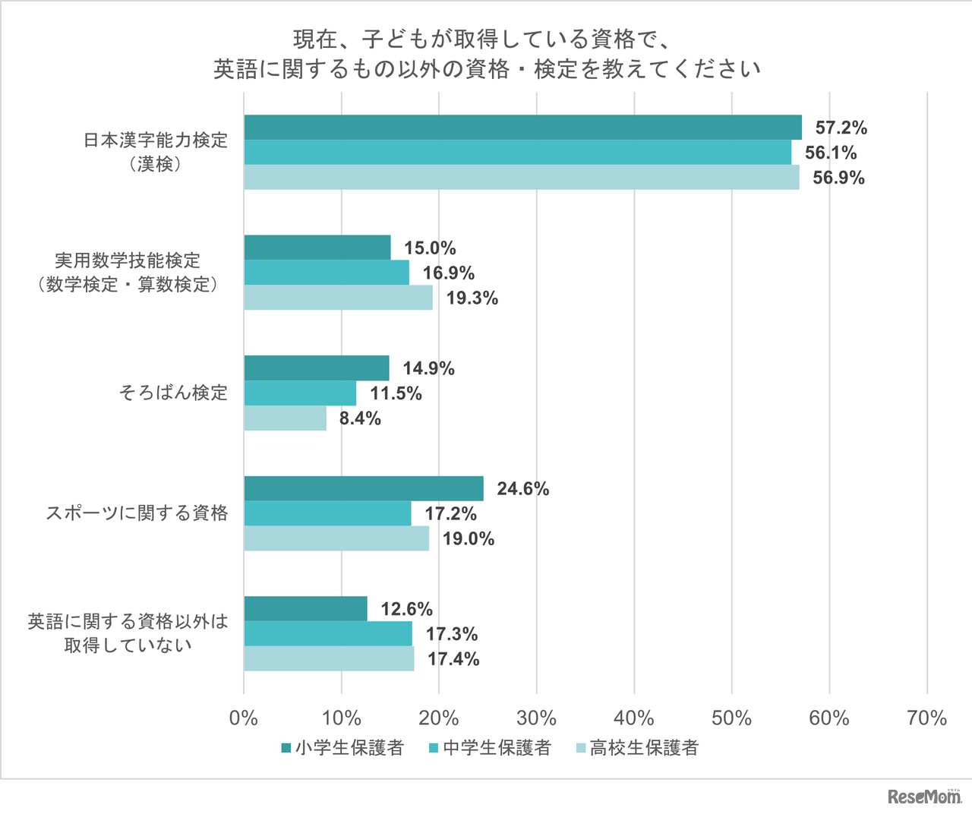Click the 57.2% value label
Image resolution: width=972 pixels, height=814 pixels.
[x=841, y=128]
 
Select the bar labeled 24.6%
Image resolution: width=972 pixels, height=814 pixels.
[x=363, y=488]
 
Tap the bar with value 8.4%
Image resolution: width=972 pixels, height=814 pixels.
[x=285, y=418]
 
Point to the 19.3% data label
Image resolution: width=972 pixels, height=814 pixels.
[x=472, y=298]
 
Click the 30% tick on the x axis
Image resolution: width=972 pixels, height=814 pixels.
[x=537, y=718]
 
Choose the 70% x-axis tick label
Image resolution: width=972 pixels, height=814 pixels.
[x=926, y=718]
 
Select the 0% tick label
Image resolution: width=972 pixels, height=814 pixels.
[x=244, y=718]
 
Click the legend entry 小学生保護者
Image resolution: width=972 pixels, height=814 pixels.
[x=342, y=748]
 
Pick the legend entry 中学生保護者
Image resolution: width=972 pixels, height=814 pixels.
[x=490, y=748]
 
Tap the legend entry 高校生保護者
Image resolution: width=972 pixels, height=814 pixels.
[x=636, y=748]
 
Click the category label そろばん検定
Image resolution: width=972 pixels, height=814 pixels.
[x=173, y=393]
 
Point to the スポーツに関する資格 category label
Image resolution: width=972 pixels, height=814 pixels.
[x=137, y=513]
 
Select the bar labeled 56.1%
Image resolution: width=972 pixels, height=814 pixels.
[x=517, y=153]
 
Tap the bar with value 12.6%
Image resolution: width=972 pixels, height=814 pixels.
[x=305, y=609]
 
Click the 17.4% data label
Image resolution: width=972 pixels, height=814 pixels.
[x=453, y=659]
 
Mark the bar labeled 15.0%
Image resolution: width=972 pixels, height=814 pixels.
[x=317, y=248]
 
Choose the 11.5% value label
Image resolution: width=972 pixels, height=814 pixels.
[x=396, y=393]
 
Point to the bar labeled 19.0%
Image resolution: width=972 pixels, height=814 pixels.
[x=336, y=538]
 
